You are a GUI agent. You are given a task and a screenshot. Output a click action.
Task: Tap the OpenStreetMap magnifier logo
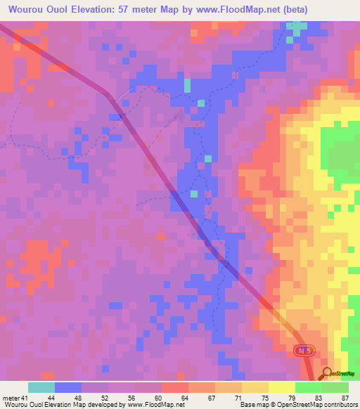(x=327, y=372)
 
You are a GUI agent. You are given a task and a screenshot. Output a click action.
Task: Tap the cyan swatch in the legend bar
(x=41, y=387)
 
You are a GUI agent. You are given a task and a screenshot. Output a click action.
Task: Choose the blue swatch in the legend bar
(x=68, y=387)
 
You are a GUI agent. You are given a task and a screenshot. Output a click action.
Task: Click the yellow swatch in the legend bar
(x=281, y=387)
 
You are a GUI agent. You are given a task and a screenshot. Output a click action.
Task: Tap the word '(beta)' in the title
(x=292, y=8)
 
